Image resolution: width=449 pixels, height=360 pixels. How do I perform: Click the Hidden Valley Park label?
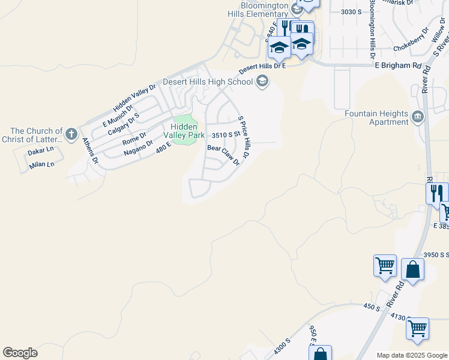coord(184,131)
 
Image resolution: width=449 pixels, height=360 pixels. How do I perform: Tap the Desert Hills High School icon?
coord(262,81)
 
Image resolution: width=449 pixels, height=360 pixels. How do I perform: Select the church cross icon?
coord(71,134)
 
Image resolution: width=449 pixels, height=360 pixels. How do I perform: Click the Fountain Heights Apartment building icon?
coord(418,115)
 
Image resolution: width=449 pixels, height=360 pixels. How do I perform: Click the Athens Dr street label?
coord(90,152)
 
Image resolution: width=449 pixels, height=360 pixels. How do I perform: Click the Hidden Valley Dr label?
coord(134,98)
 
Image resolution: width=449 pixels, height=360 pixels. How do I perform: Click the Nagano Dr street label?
coord(138,148)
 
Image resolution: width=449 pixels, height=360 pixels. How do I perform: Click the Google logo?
coord(20,353)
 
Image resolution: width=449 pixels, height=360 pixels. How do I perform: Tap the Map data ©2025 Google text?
coord(412,355)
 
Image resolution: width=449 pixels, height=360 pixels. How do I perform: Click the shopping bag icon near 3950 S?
coord(412,269)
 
